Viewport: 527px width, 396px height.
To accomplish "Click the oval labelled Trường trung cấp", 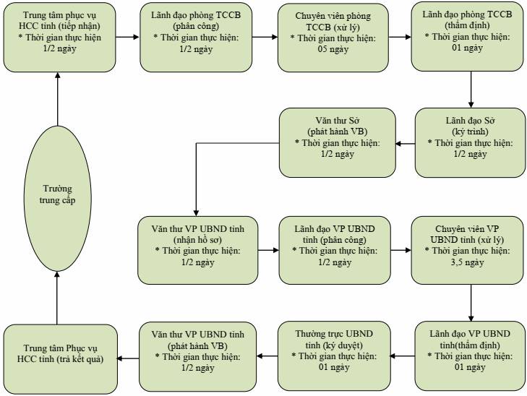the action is click(58, 199).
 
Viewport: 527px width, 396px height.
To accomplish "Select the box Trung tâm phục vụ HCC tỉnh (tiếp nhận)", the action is click(60, 38).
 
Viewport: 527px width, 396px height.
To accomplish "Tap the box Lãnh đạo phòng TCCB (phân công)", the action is click(196, 38).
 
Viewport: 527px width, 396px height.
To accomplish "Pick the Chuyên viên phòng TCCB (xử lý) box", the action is click(333, 38).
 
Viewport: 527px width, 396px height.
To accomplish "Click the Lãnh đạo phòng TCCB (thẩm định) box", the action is click(467, 37).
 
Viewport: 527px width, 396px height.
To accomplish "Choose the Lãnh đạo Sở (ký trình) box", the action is click(470, 143).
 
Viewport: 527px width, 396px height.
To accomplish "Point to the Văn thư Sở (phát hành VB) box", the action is click(338, 143).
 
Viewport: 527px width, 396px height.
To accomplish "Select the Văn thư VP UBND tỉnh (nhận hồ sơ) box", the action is click(197, 250).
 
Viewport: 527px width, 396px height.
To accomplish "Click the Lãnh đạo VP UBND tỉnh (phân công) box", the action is click(335, 250).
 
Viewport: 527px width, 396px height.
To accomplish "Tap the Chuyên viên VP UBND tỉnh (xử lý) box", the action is click(467, 250).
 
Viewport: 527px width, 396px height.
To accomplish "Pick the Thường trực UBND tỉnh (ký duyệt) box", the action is click(334, 356).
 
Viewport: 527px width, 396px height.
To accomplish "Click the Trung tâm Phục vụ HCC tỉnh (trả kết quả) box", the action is click(61, 358).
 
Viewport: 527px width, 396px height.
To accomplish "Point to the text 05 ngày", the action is click(333, 49).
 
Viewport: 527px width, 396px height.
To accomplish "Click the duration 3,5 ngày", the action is click(467, 262).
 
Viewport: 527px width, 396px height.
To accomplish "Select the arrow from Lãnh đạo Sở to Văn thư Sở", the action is click(406, 144).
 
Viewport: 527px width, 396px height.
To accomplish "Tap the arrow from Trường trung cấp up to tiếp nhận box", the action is click(58, 99).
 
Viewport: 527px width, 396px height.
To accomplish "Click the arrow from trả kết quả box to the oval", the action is click(57, 298).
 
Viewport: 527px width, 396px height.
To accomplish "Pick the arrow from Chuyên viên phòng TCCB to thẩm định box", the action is click(400, 37).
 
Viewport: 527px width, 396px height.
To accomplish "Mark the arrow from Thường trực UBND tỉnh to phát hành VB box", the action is click(267, 356).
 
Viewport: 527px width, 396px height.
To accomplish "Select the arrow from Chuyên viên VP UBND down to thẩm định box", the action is click(471, 303).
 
